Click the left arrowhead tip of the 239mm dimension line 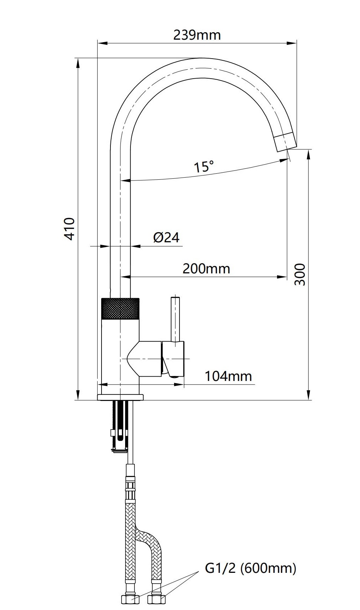click(98, 43)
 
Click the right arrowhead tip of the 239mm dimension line click(296, 43)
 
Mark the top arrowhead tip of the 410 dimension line click(78, 58)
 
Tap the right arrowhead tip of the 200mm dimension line click(287, 277)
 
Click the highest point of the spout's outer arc click(201, 58)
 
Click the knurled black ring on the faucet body click(120, 308)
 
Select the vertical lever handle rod click(175, 319)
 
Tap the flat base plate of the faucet click(120, 397)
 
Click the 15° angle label click(203, 167)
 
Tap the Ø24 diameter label click(166, 237)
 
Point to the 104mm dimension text click(228, 376)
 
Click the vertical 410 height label click(70, 229)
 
